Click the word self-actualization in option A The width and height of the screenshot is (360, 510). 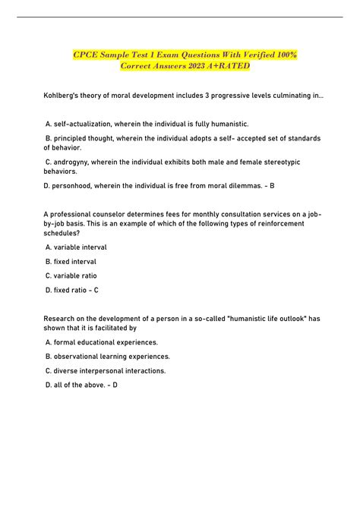point(87,123)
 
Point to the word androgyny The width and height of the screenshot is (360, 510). point(74,162)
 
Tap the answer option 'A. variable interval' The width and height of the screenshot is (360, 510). point(76,247)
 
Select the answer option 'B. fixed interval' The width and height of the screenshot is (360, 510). point(71,261)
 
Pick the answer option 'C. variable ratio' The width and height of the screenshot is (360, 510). point(71,275)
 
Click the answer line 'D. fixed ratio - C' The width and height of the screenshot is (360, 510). point(72,290)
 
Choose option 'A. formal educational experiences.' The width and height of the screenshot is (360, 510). point(103,342)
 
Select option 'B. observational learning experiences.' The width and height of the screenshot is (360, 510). point(108,356)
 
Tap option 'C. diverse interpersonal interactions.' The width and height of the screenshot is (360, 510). point(106,370)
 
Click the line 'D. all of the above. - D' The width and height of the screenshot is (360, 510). point(81,385)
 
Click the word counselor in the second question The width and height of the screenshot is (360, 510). point(109,214)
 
